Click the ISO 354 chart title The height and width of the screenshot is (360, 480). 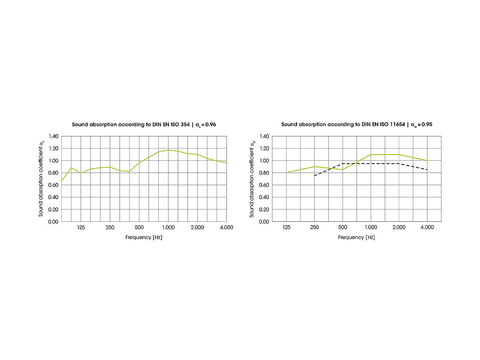144,124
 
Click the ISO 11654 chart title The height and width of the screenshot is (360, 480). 357,124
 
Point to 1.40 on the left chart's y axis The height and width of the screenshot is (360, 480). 53,136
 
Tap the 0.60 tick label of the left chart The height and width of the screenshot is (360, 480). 53,185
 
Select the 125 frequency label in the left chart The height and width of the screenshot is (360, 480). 81,228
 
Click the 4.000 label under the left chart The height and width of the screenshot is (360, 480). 226,228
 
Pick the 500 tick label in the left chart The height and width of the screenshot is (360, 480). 139,228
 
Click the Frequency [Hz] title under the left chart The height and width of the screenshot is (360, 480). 144,237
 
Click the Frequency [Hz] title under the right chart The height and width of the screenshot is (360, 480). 356,237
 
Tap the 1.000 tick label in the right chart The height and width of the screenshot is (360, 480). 371,228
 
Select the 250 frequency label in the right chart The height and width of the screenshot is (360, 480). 314,228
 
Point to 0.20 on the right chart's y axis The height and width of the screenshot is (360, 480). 264,210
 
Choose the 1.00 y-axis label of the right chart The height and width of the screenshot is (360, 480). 264,161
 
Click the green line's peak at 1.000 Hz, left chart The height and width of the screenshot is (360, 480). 168,150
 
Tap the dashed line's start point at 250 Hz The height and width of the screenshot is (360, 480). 314,176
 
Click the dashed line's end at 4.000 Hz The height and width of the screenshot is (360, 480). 427,170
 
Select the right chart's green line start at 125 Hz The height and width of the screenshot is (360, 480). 286,173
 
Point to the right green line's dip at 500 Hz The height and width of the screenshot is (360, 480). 343,170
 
